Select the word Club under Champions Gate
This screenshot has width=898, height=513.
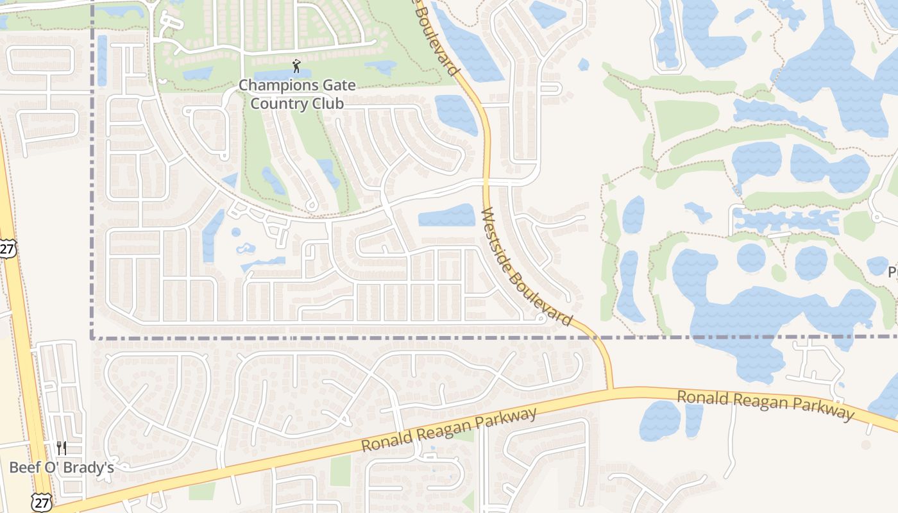pos(325,103)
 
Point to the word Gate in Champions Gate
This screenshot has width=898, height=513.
pos(337,85)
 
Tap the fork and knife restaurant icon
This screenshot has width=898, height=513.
pos(62,448)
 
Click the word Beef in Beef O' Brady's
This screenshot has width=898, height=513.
pos(24,467)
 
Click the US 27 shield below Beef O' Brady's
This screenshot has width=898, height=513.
pos(40,502)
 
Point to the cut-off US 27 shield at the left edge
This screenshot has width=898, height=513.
pos(6,249)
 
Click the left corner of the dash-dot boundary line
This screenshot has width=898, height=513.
pos(93,337)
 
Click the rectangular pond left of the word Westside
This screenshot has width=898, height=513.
pos(447,215)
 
